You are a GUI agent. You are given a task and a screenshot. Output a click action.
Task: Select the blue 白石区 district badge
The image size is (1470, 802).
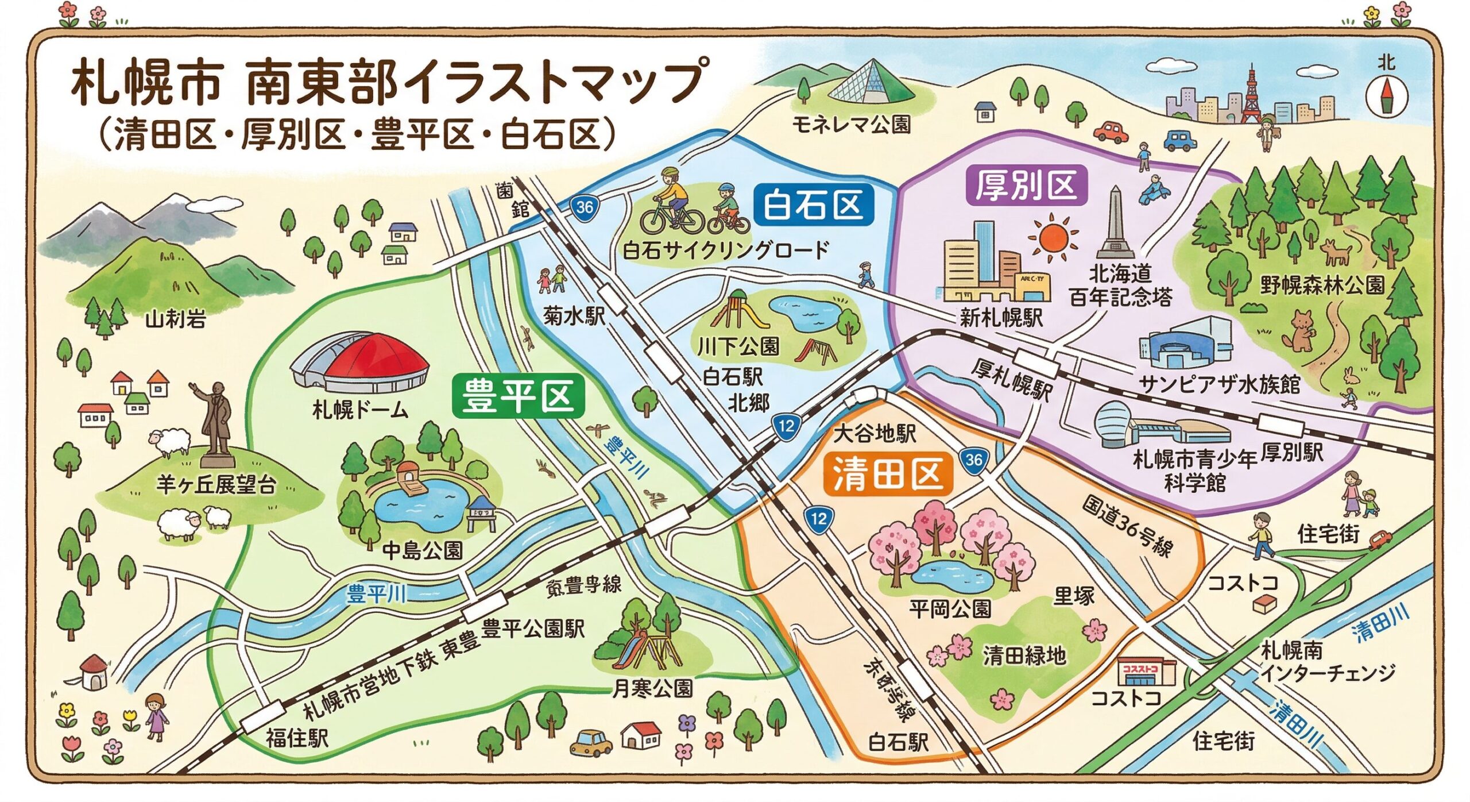click(813, 205)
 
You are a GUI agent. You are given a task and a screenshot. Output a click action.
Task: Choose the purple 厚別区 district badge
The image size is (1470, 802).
click(1026, 186)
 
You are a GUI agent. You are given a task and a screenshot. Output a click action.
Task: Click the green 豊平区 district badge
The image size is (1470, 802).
click(518, 396)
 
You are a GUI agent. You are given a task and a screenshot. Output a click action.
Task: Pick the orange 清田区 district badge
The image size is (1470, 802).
click(888, 475)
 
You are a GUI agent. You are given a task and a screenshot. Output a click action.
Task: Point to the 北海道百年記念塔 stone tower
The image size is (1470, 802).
click(1115, 224)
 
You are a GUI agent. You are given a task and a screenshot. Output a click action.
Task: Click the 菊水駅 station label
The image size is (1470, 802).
click(574, 315)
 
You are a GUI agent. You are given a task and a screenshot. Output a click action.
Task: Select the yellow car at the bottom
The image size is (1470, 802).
click(591, 742)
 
